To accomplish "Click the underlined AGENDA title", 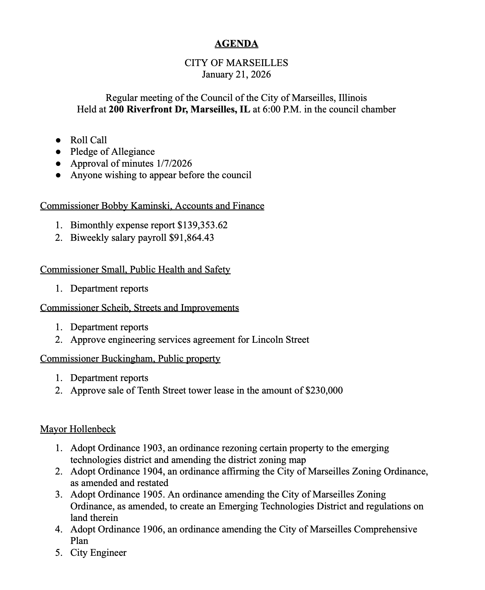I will [236, 44].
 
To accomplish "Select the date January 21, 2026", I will [236, 74].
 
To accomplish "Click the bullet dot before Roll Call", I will [58, 140].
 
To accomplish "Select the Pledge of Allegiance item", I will [112, 152].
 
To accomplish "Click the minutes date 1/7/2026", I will [174, 164].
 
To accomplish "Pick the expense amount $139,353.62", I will [202, 225].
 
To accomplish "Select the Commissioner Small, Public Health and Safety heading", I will [135, 270].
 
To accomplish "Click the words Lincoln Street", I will [280, 339].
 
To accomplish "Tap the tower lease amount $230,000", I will [324, 391].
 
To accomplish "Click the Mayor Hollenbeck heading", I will [78, 429].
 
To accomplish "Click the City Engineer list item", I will [98, 553].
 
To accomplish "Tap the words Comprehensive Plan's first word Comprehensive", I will [385, 529].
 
